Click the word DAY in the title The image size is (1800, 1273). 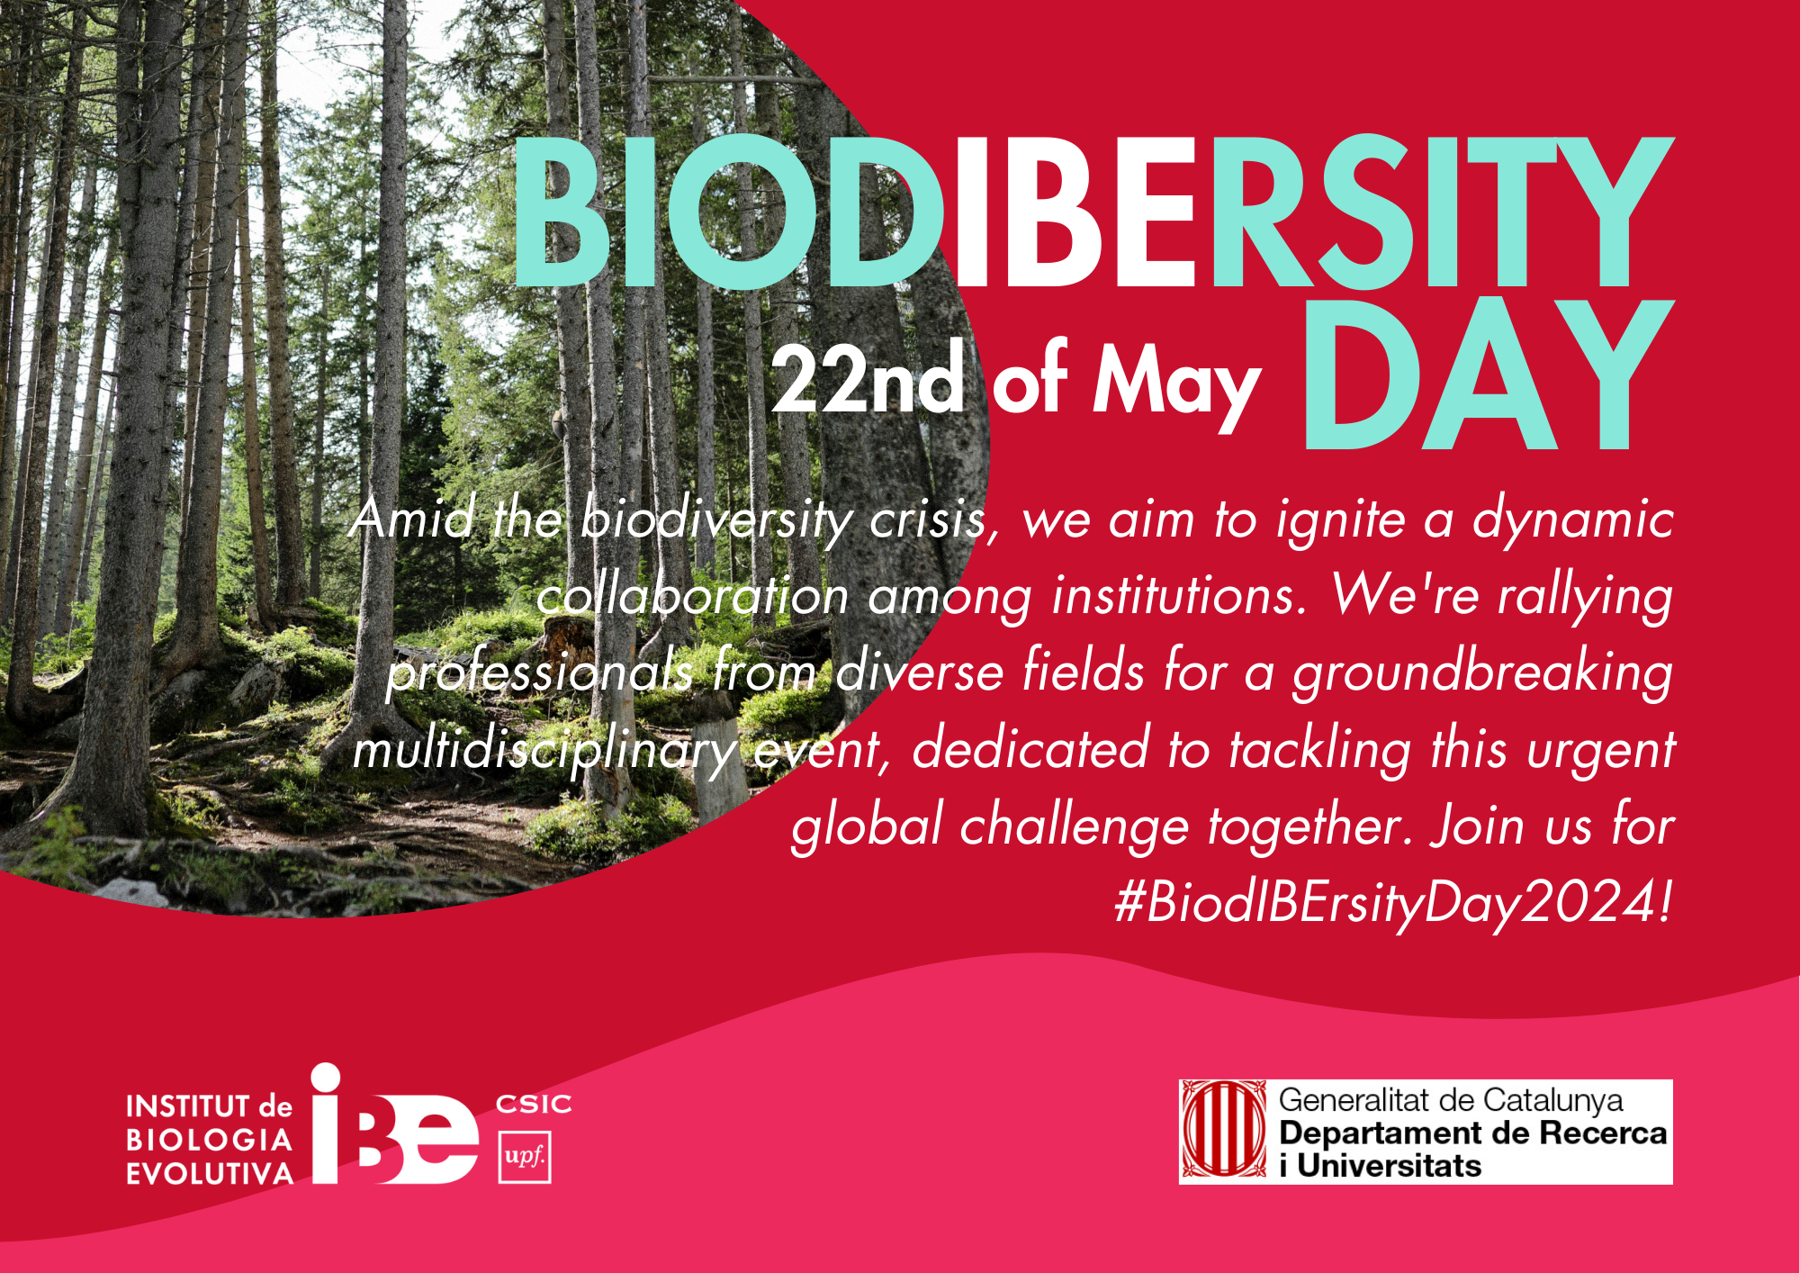click(x=1488, y=373)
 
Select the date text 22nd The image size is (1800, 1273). click(x=868, y=379)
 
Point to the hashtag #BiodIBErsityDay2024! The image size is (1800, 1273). click(x=1394, y=903)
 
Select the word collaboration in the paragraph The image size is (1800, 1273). click(x=693, y=596)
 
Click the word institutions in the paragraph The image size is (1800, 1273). click(x=1180, y=596)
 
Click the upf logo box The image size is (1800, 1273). click(x=525, y=1157)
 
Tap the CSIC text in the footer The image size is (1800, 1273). click(x=534, y=1105)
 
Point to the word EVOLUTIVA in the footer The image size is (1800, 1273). click(x=210, y=1174)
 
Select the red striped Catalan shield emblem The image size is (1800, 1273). click(x=1224, y=1131)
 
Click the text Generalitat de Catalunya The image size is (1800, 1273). click(x=1451, y=1100)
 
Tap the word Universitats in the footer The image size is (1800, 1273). click(x=1389, y=1166)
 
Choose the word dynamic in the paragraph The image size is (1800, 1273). click(x=1572, y=520)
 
